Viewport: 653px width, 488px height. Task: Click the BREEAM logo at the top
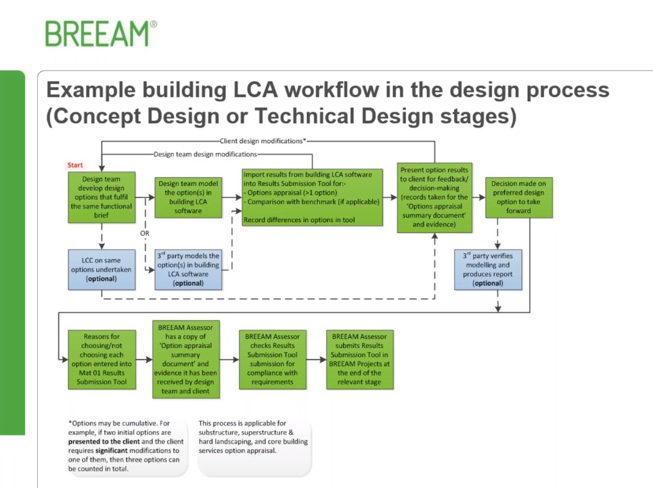(x=101, y=33)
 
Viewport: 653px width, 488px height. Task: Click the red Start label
(x=75, y=165)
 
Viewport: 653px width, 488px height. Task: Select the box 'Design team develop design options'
(x=101, y=197)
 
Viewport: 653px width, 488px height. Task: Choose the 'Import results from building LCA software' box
(x=312, y=196)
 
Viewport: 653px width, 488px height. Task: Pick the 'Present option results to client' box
(x=435, y=197)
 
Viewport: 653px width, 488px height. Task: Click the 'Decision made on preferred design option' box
(x=518, y=197)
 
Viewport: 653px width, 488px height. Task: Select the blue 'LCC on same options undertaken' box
(x=101, y=270)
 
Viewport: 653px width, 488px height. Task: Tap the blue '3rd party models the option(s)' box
(x=189, y=270)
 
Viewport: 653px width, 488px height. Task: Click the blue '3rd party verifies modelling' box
(x=487, y=270)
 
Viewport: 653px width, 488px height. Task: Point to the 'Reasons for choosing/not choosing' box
(x=101, y=359)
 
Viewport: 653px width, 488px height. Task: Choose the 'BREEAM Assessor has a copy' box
(x=186, y=359)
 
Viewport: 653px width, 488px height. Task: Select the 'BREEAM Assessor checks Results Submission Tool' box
(x=273, y=359)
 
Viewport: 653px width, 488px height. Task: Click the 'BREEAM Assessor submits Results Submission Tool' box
(x=360, y=359)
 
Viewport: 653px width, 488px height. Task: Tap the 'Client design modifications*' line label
(x=263, y=140)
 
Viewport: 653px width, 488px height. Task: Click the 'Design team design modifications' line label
(x=205, y=154)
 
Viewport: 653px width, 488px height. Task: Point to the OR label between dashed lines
(x=144, y=233)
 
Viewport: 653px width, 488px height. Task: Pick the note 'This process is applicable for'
(x=253, y=437)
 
